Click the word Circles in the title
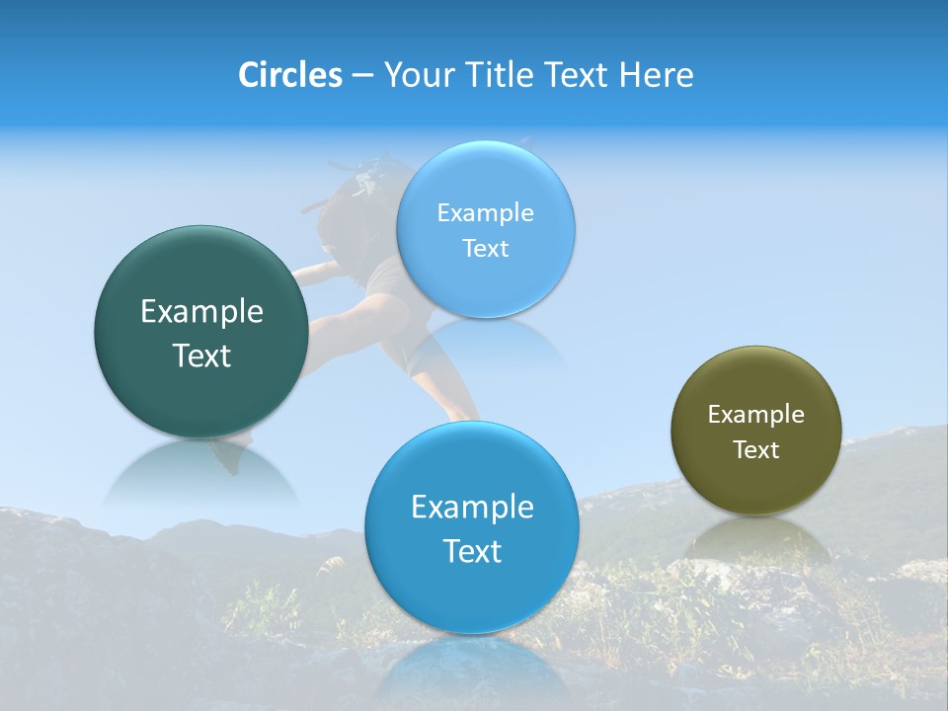pyautogui.click(x=290, y=75)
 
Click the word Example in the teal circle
pyautogui.click(x=201, y=312)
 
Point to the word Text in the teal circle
pyautogui.click(x=201, y=355)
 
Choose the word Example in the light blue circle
pyautogui.click(x=485, y=212)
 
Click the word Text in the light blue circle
pyautogui.click(x=485, y=248)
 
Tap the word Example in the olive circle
pyautogui.click(x=755, y=414)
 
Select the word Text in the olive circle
pyautogui.click(x=755, y=449)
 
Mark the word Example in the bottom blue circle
pyautogui.click(x=472, y=507)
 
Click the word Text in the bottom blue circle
pyautogui.click(x=472, y=550)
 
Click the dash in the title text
pyautogui.click(x=362, y=76)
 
